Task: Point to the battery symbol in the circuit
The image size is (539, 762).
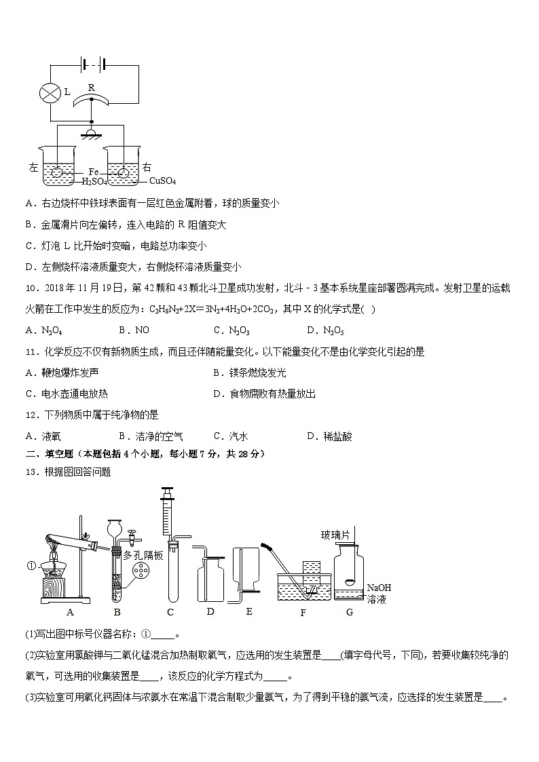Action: pos(91,65)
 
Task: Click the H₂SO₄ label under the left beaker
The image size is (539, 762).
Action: pos(96,181)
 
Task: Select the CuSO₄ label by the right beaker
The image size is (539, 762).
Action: pos(162,181)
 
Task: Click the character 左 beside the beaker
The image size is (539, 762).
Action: pos(34,167)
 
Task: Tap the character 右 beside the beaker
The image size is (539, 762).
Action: pos(147,167)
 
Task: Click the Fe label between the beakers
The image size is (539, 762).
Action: pos(93,172)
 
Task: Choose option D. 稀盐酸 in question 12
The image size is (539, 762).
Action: pos(329,436)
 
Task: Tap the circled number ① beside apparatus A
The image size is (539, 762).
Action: pos(31,565)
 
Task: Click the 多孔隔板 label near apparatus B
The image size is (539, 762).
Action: pos(143,555)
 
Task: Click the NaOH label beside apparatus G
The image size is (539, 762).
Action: pos(379,588)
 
